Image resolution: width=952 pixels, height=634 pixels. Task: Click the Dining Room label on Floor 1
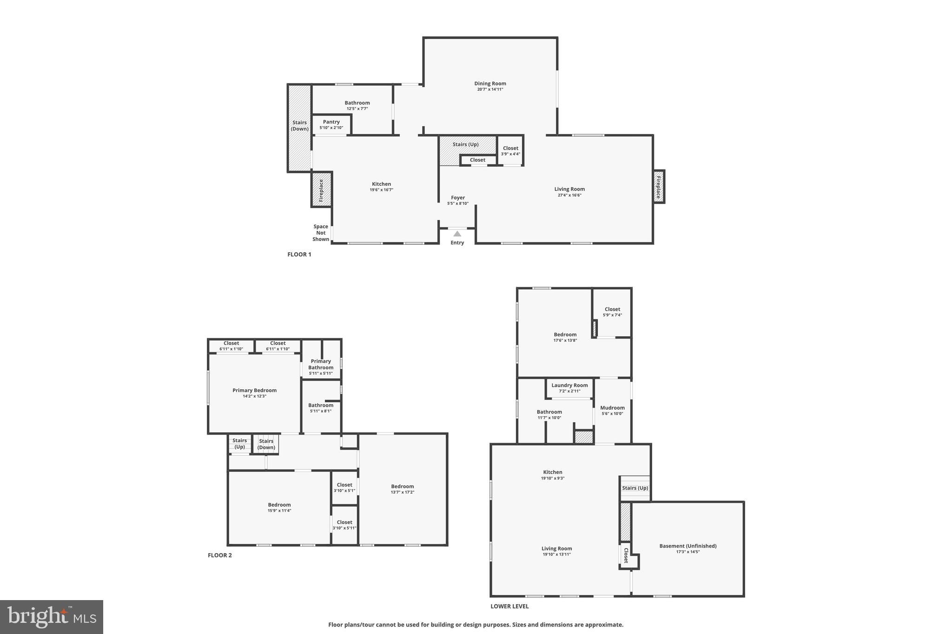pos(490,84)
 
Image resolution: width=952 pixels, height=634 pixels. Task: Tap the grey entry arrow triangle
pos(457,234)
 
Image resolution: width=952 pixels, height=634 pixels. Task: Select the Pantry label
pos(331,122)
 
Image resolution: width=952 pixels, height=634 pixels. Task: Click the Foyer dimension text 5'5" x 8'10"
pos(458,203)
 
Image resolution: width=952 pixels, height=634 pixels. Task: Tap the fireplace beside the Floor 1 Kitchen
pos(321,190)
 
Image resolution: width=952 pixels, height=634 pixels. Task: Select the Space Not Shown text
pos(321,233)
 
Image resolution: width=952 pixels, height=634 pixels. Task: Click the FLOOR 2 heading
pos(219,555)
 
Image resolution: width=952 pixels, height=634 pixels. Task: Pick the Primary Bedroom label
pos(254,391)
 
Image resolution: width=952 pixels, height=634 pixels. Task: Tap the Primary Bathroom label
pos(321,364)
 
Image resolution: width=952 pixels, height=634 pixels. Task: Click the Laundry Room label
pos(569,386)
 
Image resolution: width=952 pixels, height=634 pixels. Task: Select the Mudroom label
pos(612,408)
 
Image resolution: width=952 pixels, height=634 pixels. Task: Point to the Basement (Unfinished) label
pos(688,546)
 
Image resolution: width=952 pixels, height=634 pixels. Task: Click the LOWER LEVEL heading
pos(509,606)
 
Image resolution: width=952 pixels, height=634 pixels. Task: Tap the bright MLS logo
pos(52,617)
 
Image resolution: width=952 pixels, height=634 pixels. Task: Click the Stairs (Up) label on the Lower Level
pos(635,488)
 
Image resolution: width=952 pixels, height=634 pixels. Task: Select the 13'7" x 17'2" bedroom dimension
pos(402,492)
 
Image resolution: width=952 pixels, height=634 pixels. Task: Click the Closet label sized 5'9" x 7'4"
pos(612,309)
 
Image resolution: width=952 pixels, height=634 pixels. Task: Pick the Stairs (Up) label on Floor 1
pos(465,144)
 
